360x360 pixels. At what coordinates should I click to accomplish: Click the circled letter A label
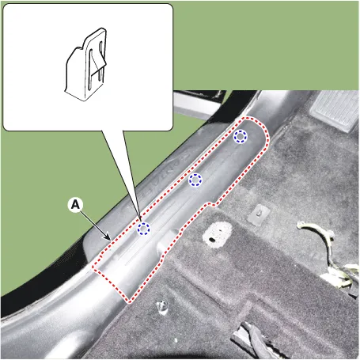[x=75, y=205]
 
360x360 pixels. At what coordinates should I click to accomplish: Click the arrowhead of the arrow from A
[x=108, y=238]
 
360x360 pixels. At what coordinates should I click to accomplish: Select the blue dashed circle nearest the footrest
[x=241, y=136]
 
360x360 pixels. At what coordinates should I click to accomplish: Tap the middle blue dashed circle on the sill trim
[x=195, y=180]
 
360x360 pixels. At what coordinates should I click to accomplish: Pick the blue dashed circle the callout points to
[x=143, y=229]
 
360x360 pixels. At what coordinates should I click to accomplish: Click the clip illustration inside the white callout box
[x=85, y=65]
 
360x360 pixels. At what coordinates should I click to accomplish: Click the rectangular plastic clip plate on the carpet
[x=259, y=214]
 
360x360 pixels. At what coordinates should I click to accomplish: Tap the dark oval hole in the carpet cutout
[x=212, y=240]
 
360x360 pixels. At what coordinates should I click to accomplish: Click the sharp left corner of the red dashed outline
[x=93, y=267]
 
